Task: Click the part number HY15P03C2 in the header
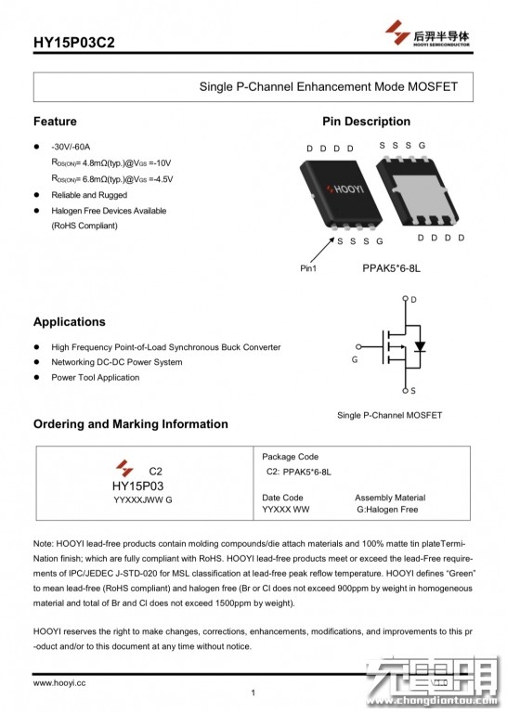73,43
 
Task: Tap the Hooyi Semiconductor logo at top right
427,32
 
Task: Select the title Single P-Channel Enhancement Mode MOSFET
329,86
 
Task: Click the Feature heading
55,122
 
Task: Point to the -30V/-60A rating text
71,147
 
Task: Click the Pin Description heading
367,122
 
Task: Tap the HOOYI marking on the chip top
346,188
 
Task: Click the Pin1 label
308,268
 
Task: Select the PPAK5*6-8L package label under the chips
391,268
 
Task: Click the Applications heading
69,322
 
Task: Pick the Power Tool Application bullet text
96,378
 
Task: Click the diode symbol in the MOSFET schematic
420,346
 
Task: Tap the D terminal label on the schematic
413,300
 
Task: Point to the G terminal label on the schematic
355,359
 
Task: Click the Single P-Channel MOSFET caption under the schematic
390,415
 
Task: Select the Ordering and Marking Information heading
131,423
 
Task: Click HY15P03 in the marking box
137,486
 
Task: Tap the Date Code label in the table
282,498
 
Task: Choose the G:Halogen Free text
387,510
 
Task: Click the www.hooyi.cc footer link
59,683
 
